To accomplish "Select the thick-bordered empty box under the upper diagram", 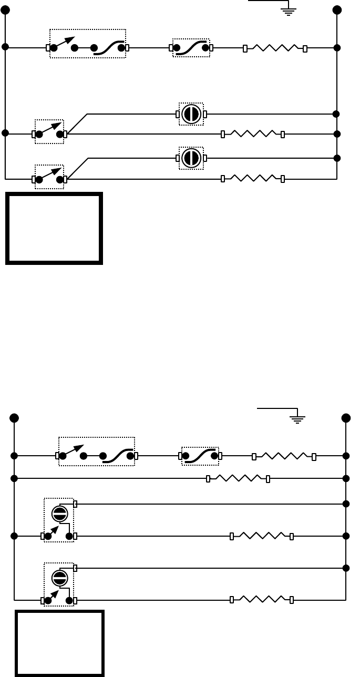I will tap(54, 228).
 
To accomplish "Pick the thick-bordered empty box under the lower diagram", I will tap(59, 642).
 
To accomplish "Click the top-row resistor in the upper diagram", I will tap(275, 48).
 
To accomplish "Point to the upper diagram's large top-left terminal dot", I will tap(5, 10).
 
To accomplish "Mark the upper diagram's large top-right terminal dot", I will tap(337, 10).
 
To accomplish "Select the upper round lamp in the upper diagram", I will tap(191, 114).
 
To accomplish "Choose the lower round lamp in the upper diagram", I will tap(191, 158).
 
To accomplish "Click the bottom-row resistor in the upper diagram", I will tap(253, 179).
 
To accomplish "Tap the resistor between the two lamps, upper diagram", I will tap(253, 134).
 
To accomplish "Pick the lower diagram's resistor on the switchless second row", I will tap(238, 478).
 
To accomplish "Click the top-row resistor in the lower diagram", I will tap(284, 456).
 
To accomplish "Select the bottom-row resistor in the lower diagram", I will tap(262, 600).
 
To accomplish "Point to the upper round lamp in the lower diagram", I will tap(59, 514).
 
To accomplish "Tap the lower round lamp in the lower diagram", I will tap(59, 578).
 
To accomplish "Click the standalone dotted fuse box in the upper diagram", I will tap(191, 48).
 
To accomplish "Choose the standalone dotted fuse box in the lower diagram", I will tap(200, 456).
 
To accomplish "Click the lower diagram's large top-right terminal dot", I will tap(346, 418).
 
